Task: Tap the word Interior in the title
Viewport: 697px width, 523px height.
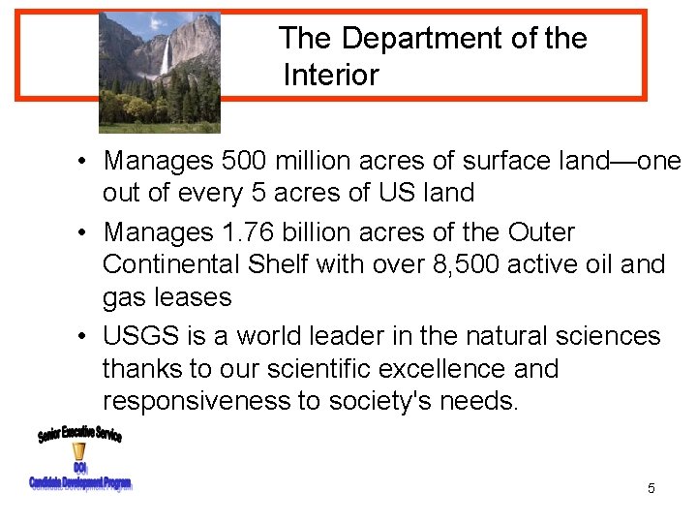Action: click(x=331, y=76)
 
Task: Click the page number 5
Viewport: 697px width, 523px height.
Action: click(x=651, y=489)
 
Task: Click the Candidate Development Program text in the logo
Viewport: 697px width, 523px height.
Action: click(x=80, y=483)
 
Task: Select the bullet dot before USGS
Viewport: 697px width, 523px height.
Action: click(x=86, y=337)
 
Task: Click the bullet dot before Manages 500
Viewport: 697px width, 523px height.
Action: click(x=86, y=161)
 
